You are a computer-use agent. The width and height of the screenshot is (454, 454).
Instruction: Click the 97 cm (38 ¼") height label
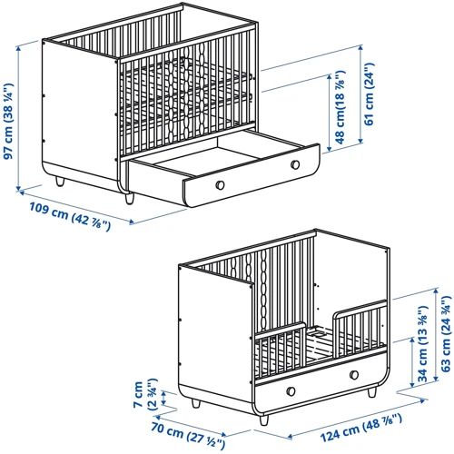8,121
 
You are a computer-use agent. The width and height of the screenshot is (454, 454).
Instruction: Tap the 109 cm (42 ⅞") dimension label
70,217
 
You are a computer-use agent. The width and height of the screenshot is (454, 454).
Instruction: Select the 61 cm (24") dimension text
370,94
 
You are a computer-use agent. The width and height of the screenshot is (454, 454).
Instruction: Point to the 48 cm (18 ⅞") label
340,107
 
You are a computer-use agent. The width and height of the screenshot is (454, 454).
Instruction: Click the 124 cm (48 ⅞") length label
361,428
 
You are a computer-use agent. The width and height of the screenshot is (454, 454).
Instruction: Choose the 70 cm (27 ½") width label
188,435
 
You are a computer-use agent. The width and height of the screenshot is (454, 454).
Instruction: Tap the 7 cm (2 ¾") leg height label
145,394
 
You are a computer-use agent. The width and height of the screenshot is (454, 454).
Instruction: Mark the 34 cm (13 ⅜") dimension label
423,344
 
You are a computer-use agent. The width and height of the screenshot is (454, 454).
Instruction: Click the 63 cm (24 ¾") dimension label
446,334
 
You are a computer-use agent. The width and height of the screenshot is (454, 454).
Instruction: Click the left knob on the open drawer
220,185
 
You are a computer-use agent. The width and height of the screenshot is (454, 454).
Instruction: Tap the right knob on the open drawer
295,165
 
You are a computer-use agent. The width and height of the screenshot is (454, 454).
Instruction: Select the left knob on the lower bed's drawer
291,391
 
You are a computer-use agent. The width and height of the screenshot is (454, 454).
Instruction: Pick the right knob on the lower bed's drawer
354,375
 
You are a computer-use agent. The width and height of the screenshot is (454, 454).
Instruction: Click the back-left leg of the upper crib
60,182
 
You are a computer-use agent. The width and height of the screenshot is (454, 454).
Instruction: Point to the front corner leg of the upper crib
130,199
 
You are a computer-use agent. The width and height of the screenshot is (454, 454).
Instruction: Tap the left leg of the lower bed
195,403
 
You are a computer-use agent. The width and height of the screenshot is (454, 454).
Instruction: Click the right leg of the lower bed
372,392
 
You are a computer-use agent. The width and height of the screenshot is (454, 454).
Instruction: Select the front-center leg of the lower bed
264,420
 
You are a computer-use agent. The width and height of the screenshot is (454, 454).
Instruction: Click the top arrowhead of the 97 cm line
19,48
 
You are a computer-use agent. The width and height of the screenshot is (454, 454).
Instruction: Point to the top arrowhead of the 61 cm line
360,48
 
